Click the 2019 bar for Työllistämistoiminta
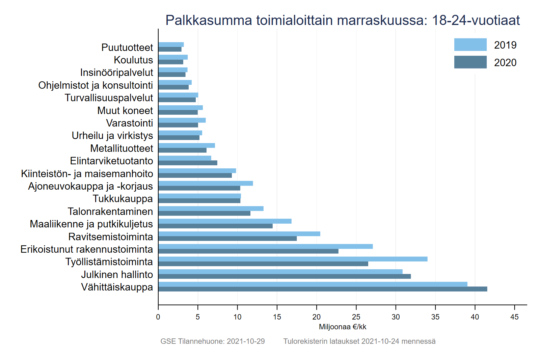click(293, 259)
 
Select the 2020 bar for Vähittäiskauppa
click(323, 289)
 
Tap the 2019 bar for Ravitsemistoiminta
click(239, 234)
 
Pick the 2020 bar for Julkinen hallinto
click(285, 277)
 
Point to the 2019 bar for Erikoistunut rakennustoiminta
click(265, 247)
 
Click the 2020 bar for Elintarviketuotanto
click(188, 163)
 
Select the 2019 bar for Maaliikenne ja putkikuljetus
click(225, 221)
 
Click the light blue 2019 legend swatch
click(470, 45)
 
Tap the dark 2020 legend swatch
click(470, 62)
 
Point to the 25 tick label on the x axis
click(356, 317)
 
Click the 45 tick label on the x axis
click(514, 317)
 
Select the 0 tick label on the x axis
click(158, 317)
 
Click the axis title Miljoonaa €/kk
click(343, 327)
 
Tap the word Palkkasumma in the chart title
click(209, 20)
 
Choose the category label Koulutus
click(133, 60)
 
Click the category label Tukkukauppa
click(123, 199)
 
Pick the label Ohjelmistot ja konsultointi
click(96, 85)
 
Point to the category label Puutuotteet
click(127, 48)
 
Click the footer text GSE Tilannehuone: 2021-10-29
click(213, 341)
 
